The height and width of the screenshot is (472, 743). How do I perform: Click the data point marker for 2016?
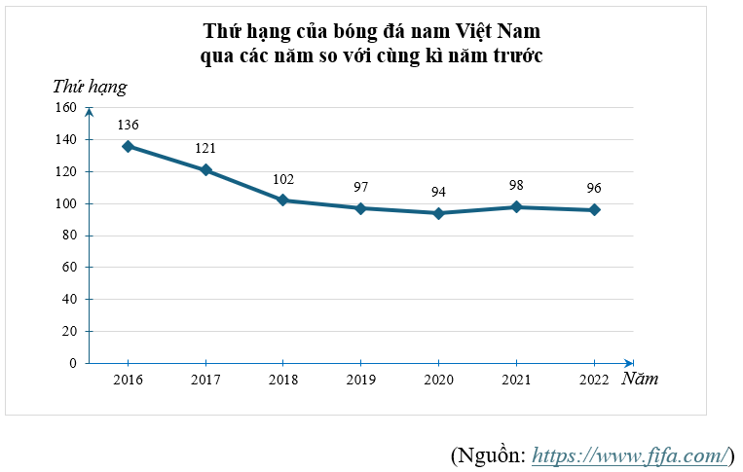[x=128, y=146]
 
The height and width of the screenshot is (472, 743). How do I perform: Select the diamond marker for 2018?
[x=282, y=200]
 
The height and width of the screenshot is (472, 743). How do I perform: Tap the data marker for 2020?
[x=438, y=213]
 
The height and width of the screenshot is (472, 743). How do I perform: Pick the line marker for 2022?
[x=594, y=210]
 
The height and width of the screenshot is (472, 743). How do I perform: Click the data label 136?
[x=128, y=126]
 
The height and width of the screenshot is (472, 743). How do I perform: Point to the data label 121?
[x=204, y=149]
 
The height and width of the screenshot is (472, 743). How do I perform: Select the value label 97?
[x=360, y=187]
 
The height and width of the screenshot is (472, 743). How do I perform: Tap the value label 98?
[x=516, y=186]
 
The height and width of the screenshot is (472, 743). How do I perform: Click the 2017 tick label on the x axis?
[x=205, y=380]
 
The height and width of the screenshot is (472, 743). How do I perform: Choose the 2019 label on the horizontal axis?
[x=361, y=380]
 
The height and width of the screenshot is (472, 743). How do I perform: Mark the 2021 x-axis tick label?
[x=517, y=380]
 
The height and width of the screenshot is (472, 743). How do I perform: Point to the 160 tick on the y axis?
[x=66, y=108]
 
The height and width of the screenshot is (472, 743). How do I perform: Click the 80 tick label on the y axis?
[x=69, y=236]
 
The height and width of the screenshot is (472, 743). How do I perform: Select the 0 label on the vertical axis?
[x=73, y=363]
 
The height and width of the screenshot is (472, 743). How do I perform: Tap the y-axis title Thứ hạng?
[x=90, y=87]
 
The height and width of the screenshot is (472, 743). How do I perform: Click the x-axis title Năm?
[x=640, y=379]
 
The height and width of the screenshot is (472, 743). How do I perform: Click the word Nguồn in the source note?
[x=490, y=454]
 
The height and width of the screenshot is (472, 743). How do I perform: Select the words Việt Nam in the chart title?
[x=498, y=31]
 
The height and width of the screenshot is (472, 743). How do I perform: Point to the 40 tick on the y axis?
[x=69, y=300]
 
